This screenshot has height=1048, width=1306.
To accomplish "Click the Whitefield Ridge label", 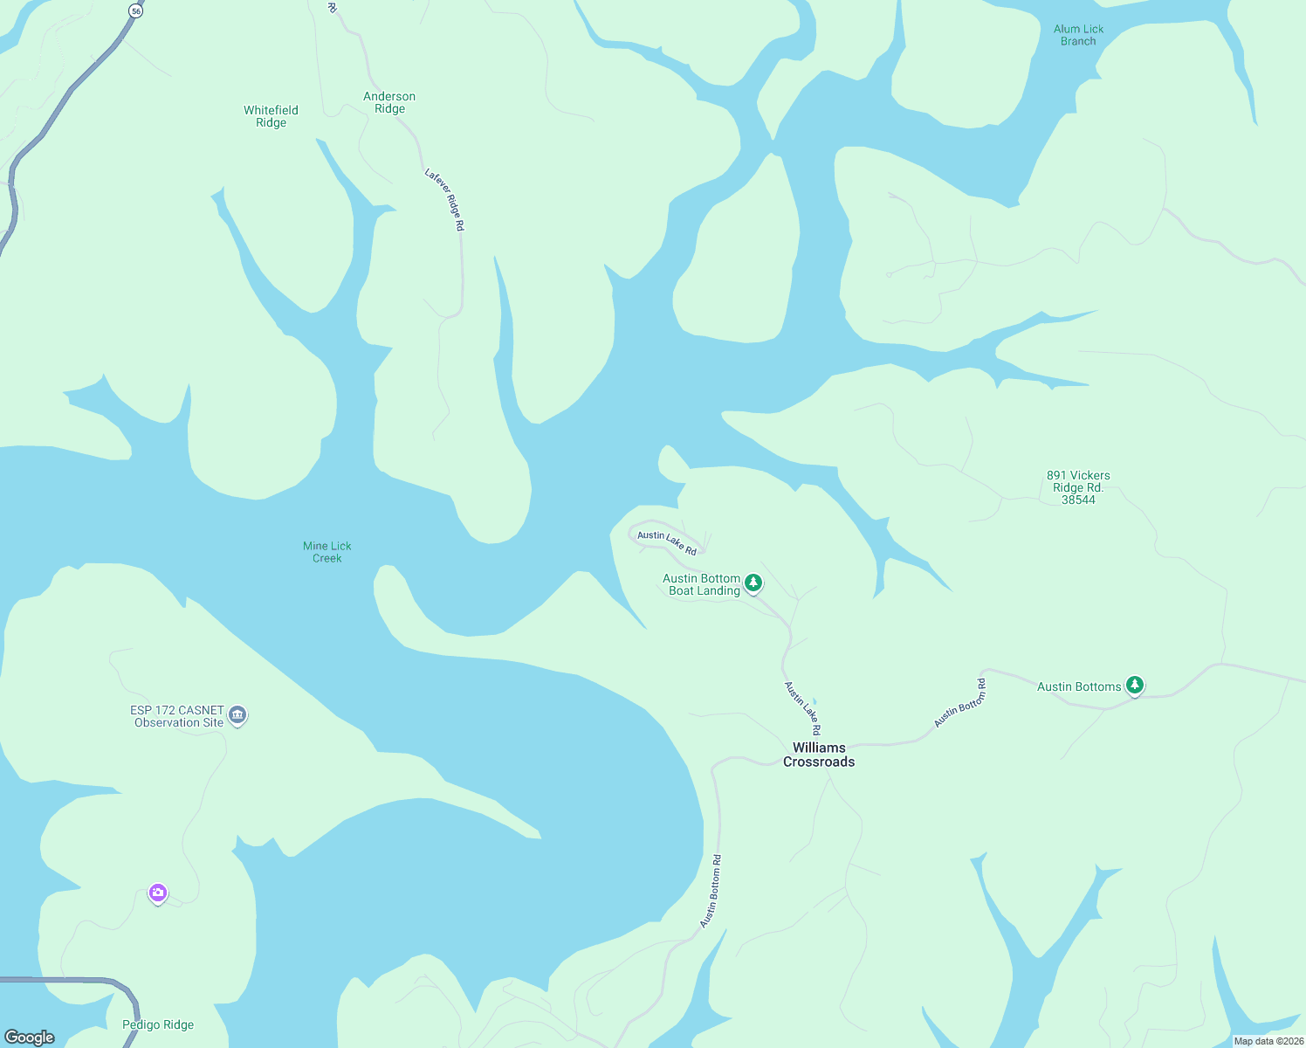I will [271, 116].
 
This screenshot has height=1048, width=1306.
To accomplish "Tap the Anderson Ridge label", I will [389, 102].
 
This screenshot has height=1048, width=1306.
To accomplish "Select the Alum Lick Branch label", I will [1078, 35].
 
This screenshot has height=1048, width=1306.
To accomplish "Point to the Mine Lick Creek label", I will [327, 552].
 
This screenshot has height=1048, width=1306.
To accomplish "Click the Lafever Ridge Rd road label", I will [445, 199].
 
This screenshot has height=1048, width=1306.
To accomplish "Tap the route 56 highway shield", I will [134, 10].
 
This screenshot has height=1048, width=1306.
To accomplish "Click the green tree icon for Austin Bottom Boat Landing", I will [753, 583].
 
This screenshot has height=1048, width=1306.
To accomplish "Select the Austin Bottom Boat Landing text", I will [702, 584].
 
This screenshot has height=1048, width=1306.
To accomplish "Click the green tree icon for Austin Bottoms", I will [1134, 685].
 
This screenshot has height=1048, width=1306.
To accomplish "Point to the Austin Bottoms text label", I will [1079, 686].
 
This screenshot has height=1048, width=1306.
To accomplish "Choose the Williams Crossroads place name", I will [819, 755].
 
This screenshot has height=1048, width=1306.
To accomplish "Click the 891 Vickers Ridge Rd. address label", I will [1078, 487].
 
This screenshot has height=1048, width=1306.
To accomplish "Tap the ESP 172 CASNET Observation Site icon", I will [237, 715].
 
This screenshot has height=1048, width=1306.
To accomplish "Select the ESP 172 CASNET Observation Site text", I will [178, 716].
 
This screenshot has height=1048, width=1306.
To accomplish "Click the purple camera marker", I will [158, 893].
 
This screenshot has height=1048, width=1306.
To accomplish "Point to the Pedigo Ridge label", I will [158, 1024].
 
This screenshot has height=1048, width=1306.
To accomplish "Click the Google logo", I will [29, 1038].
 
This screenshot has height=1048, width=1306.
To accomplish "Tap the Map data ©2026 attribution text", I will [1268, 1041].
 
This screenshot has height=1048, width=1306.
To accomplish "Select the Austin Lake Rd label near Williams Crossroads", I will [802, 708].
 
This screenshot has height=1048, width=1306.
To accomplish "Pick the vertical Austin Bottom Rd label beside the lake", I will [711, 891].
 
